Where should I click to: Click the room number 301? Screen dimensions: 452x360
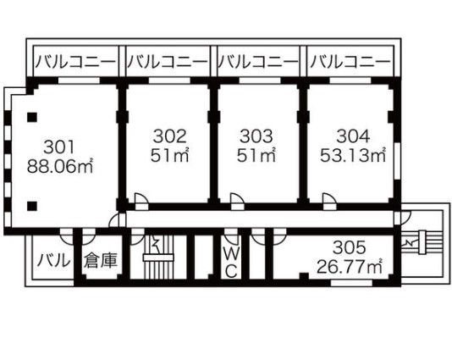click(58, 147)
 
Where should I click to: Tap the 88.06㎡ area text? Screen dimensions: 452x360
click(60, 166)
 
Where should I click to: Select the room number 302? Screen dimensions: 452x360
click(169, 136)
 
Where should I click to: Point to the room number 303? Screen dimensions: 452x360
click(256, 136)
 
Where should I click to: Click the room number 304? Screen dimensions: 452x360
click(353, 136)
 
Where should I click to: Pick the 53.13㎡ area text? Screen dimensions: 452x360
click(353, 156)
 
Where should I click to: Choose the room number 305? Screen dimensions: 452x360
click(349, 247)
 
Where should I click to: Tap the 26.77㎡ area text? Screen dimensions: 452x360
click(349, 266)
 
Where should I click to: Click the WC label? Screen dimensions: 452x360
click(231, 263)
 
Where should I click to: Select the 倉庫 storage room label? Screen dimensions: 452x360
click(101, 261)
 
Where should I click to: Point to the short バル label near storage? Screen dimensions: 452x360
click(54, 261)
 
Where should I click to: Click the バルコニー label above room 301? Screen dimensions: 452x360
click(75, 62)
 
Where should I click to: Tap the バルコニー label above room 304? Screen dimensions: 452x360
click(350, 62)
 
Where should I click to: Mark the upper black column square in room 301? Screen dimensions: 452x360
click(32, 117)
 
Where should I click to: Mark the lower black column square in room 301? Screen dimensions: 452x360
click(32, 206)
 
